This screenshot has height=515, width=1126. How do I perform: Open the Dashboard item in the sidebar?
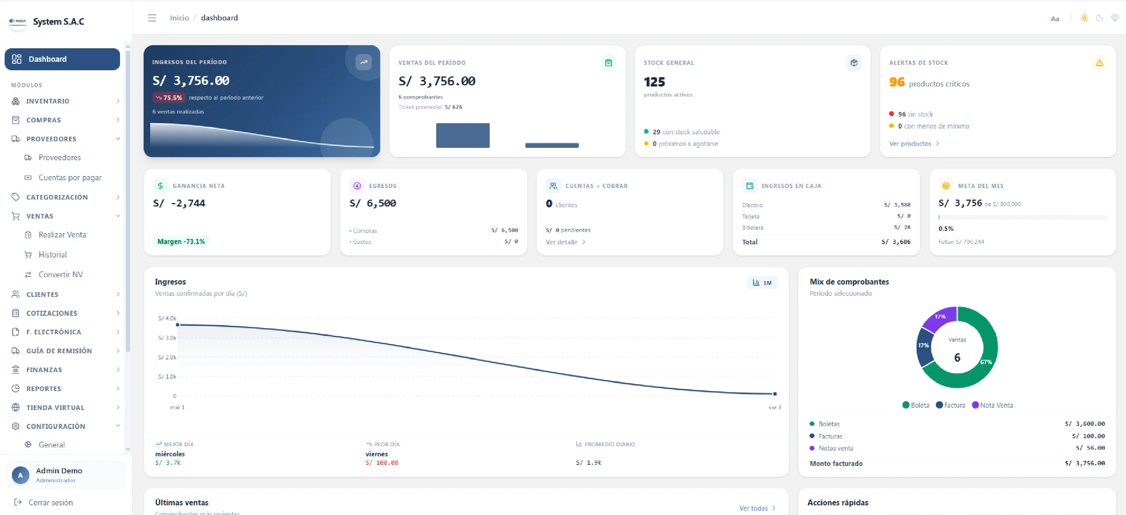pyautogui.click(x=62, y=59)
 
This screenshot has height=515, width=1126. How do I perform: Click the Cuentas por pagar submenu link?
pyautogui.click(x=70, y=178)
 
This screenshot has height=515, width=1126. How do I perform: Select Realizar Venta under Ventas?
pyautogui.click(x=62, y=235)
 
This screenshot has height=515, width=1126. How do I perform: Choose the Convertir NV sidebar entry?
pyautogui.click(x=60, y=274)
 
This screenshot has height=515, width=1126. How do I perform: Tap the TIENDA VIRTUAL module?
pyautogui.click(x=55, y=407)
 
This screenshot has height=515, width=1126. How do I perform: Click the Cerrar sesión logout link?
pyautogui.click(x=51, y=503)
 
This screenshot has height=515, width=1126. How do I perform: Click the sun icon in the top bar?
pyautogui.click(x=1084, y=18)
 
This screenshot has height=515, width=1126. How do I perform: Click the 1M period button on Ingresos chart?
pyautogui.click(x=762, y=283)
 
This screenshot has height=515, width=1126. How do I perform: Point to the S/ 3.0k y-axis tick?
pyautogui.click(x=167, y=338)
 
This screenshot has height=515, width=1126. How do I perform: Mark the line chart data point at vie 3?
pyautogui.click(x=775, y=394)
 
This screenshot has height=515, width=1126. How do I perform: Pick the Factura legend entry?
pyautogui.click(x=950, y=405)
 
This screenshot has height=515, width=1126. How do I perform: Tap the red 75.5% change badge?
pyautogui.click(x=169, y=98)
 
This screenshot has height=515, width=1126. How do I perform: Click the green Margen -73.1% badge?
pyautogui.click(x=181, y=242)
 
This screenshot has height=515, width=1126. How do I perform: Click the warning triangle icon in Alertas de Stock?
pyautogui.click(x=1099, y=63)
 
